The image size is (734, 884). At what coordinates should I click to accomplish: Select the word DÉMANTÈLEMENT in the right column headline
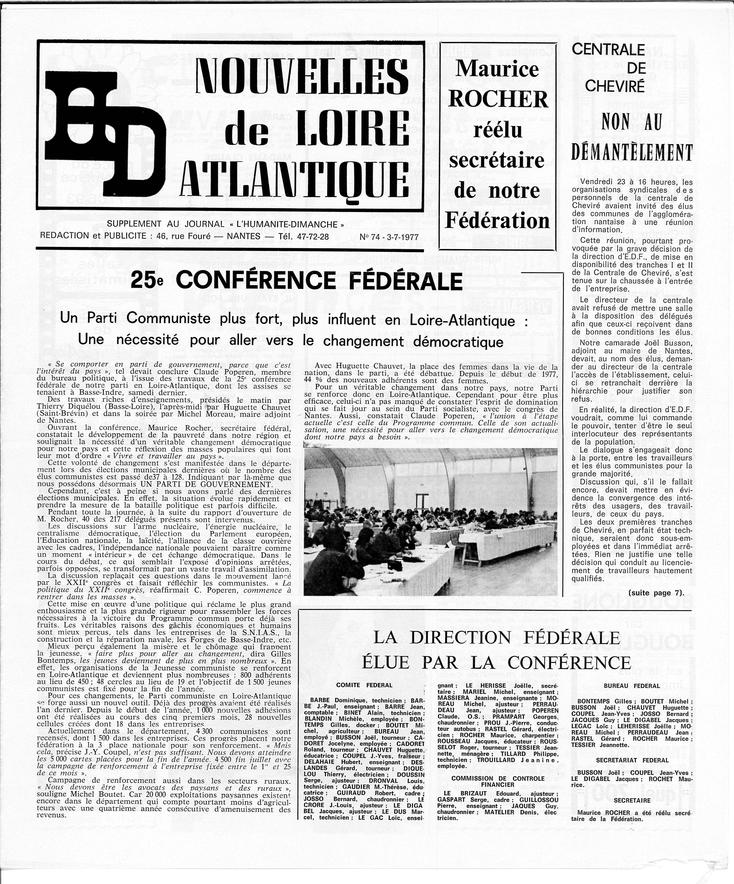[631, 152]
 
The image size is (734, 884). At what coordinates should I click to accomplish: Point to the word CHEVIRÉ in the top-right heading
[614, 86]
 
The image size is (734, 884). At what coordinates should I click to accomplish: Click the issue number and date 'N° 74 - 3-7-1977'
[389, 238]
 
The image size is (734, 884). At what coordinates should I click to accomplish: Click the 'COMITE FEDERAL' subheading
[364, 685]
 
